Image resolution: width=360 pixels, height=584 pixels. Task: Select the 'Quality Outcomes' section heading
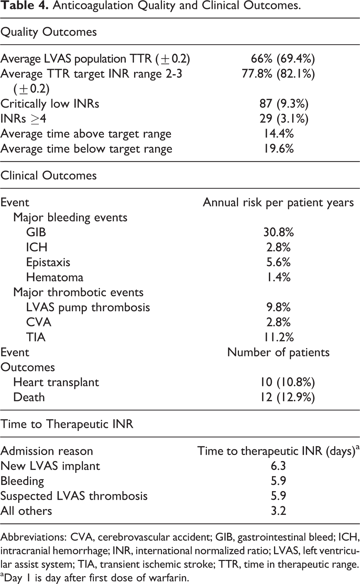pos(48,32)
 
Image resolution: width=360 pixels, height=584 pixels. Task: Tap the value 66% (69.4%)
pos(283,59)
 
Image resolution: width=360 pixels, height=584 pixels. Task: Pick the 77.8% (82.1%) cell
pos(278,74)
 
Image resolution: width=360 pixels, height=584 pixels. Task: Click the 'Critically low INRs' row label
pos(50,104)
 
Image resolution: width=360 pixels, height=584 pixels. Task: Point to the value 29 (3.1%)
pos(284,119)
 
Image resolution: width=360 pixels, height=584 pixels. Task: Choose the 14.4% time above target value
pos(279,133)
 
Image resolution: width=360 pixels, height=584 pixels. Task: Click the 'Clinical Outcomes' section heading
pos(48,175)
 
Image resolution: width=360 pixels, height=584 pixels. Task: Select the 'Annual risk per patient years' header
pos(278,203)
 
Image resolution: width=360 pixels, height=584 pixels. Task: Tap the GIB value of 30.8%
pos(279,232)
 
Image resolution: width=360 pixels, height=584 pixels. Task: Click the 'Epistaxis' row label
pos(48,262)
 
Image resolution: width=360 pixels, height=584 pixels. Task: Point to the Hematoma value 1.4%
pos(279,277)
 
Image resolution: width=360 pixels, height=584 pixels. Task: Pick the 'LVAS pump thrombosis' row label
pos(88,307)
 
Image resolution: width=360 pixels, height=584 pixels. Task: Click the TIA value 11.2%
pos(279,337)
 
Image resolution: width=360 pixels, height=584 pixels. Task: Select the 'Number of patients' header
pos(279,353)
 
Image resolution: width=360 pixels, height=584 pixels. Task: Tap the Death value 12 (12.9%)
pos(288,397)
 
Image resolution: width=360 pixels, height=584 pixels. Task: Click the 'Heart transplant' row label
pos(56,382)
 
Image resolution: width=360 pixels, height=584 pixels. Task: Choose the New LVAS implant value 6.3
pos(279,466)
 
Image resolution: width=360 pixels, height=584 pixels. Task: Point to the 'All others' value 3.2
pos(279,511)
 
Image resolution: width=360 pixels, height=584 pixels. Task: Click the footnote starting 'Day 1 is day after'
pos(94,578)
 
